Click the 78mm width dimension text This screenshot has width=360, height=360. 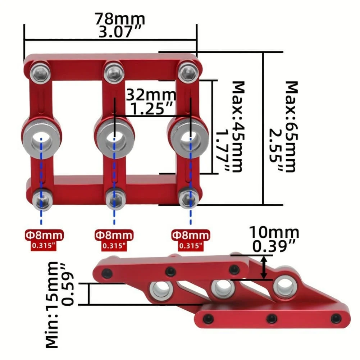tap(120, 19)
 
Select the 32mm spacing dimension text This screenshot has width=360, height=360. tap(151, 95)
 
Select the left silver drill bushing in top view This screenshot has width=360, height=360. tap(41, 138)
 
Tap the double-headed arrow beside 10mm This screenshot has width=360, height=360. tap(264, 267)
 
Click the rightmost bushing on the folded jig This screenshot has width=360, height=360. tap(285, 287)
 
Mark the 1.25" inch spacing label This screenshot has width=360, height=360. tap(151, 108)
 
